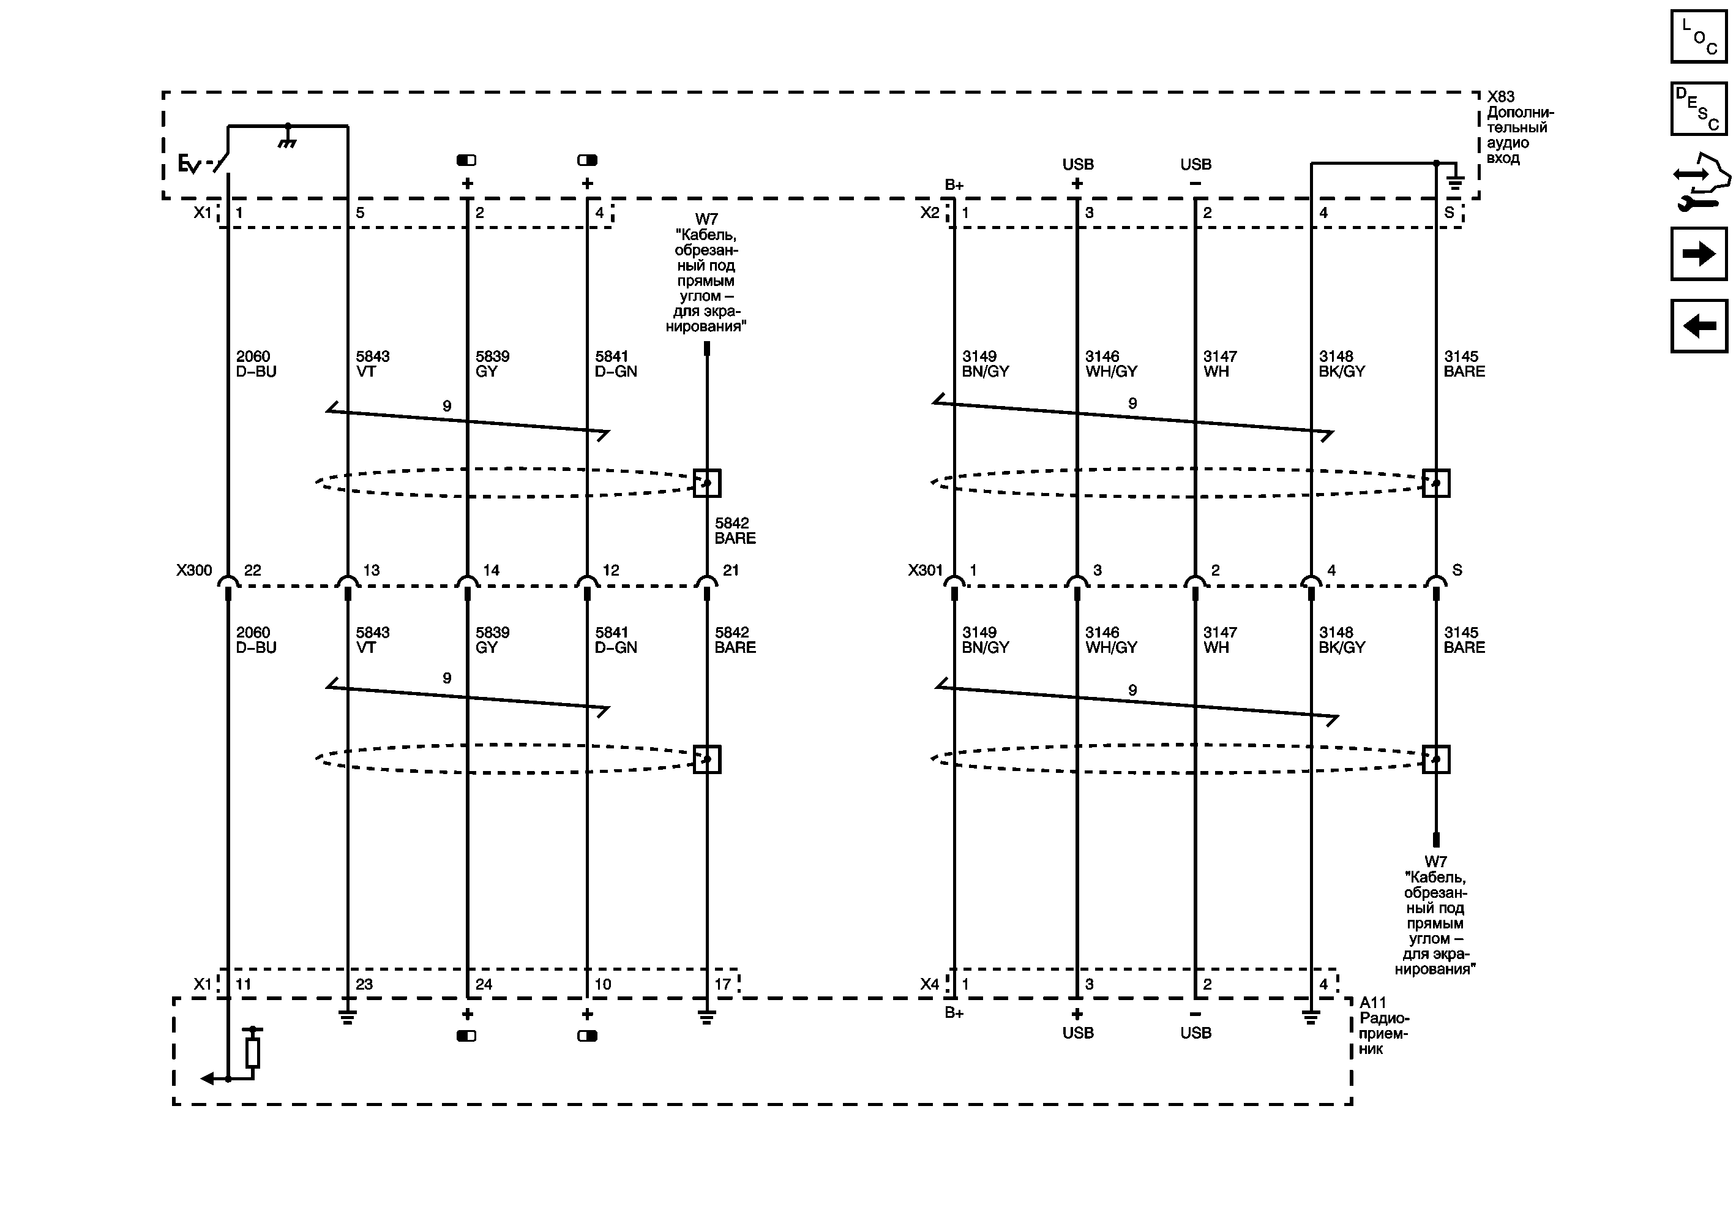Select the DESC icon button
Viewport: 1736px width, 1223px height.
[1698, 109]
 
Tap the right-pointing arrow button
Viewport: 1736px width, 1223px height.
[1698, 254]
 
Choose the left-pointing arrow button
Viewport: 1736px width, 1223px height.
[1698, 326]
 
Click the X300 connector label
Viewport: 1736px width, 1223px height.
[194, 570]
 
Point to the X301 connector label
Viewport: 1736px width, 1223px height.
[926, 570]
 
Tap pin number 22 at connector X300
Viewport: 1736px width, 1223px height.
[253, 570]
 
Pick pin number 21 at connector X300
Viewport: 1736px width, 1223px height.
[730, 570]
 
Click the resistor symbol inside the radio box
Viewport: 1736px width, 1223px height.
[253, 1052]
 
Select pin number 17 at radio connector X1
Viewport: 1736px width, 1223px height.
[723, 984]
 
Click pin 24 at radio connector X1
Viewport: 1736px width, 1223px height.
[484, 984]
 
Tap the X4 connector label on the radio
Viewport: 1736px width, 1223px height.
[929, 984]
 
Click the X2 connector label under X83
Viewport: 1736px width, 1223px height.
[929, 213]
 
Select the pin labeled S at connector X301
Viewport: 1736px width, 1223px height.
[1457, 570]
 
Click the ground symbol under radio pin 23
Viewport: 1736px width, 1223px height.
[347, 1017]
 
